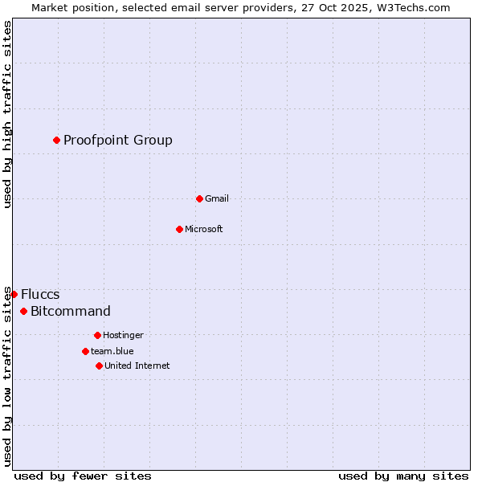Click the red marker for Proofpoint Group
pos(57,140)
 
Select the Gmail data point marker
pos(199,198)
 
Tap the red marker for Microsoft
pos(179,229)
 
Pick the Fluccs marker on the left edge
pos(14,294)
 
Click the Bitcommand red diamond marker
pos(23,311)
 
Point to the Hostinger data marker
pos(97,335)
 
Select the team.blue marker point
pos(85,351)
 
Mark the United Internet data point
pos(99,366)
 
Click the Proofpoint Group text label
pos(118,141)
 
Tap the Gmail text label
pos(217,198)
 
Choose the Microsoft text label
pos(204,229)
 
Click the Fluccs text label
pos(40,295)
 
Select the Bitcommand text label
pos(71,312)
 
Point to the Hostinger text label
pos(123,335)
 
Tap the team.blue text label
pos(112,351)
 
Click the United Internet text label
pos(137,366)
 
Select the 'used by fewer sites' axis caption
pos(83,476)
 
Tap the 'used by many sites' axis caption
pos(403,476)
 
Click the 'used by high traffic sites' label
pos(7,114)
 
